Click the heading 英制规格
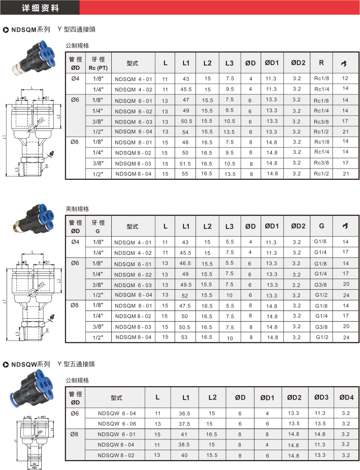77,209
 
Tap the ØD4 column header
346,397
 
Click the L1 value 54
186,132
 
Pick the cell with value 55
186,174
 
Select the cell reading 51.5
186,163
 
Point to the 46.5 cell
186,264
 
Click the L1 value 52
186,295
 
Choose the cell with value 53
186,338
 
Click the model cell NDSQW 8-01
117,435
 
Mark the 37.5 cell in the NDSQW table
184,424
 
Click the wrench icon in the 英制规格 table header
345,226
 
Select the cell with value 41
184,435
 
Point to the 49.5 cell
186,285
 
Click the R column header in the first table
321,63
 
